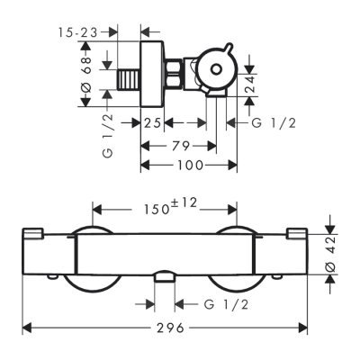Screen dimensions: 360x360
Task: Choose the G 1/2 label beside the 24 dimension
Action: (x=274, y=122)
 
